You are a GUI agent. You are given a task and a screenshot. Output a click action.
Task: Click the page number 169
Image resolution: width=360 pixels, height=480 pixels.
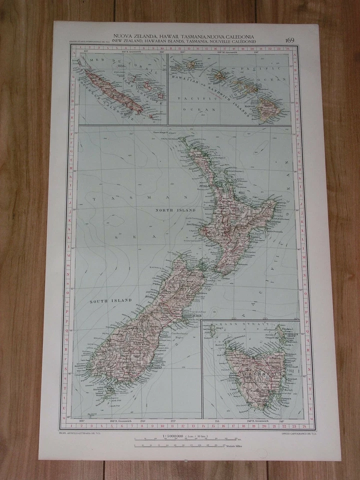[x=290, y=40]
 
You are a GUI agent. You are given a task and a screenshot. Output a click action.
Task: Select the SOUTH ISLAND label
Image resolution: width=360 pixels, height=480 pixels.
[x=110, y=300]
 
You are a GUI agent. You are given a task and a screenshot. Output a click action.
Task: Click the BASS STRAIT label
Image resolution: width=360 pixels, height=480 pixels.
[x=235, y=326]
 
